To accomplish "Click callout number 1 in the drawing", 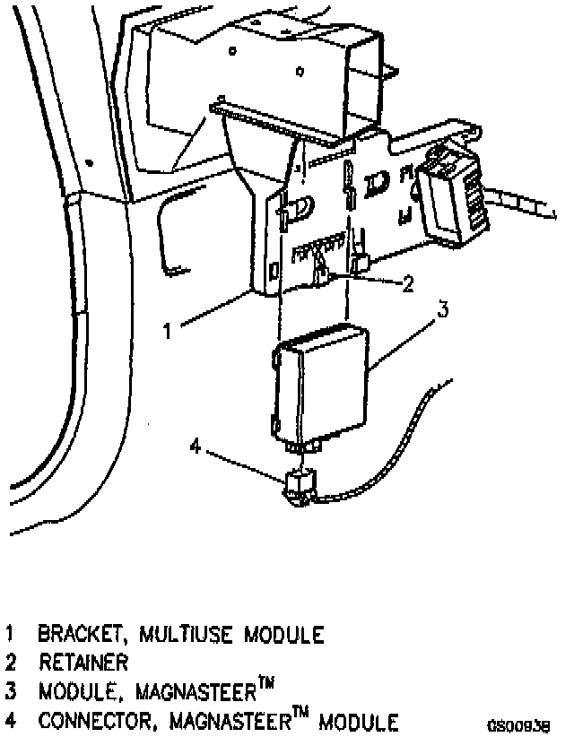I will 167,330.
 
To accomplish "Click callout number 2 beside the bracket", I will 409,284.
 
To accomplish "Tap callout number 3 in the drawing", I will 441,310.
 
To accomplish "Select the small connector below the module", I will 299,485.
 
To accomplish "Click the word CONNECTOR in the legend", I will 92,722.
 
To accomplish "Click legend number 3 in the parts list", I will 10,693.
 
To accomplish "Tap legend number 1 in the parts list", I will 10,636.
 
